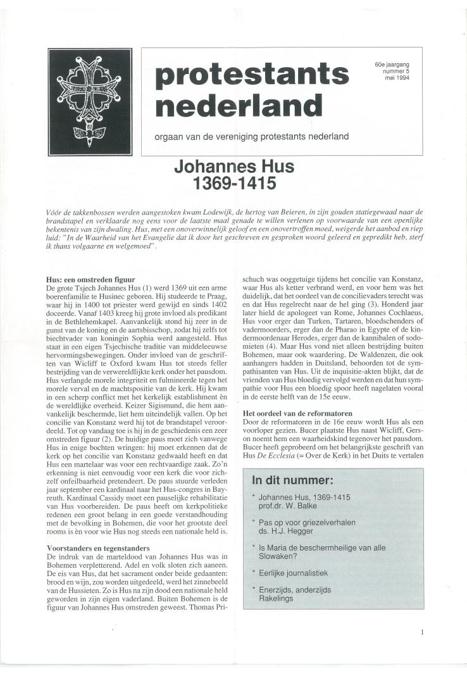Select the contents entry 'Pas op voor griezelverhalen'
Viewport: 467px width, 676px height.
click(306, 522)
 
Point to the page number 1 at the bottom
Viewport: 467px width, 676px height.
click(422, 631)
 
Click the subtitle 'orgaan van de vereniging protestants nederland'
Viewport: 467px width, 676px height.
click(252, 136)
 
